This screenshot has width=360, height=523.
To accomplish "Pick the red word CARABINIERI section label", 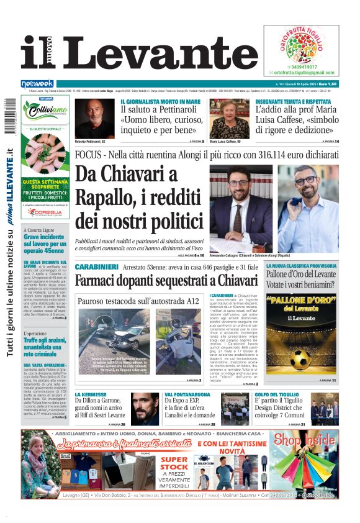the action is pos(96,266).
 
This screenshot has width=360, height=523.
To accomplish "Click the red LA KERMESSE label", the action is pos(91,394).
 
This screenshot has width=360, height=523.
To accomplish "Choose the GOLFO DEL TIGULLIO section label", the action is pos(279,394).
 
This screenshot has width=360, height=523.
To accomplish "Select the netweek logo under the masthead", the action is pos(37,84).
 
